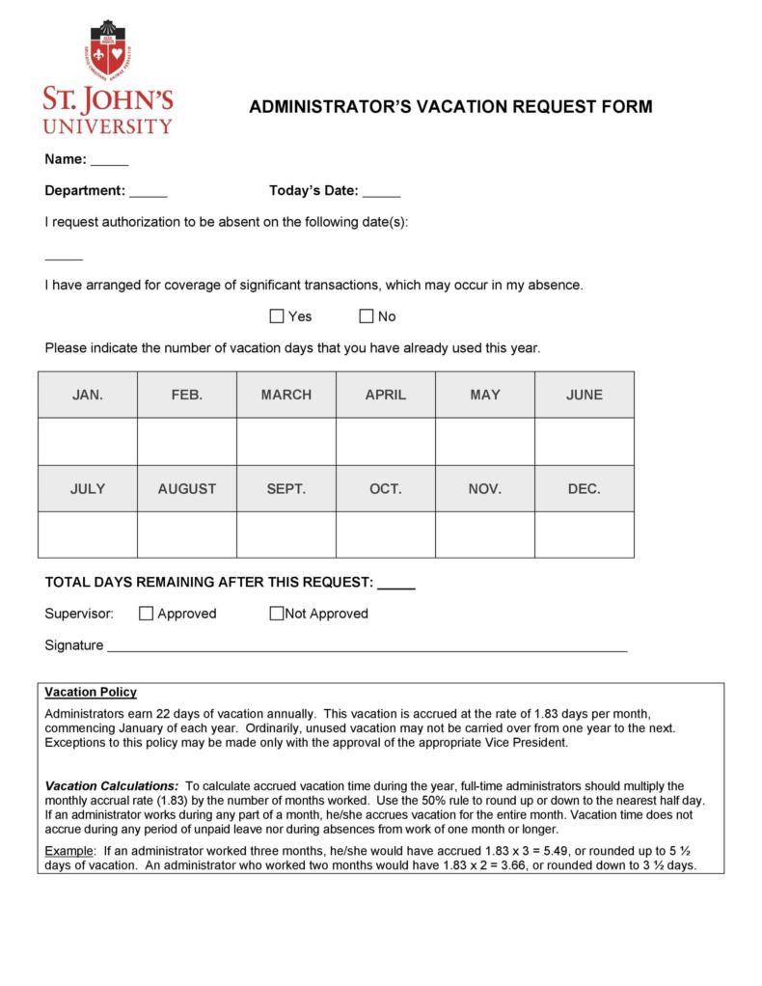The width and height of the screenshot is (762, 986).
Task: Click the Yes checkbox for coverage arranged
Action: point(277,316)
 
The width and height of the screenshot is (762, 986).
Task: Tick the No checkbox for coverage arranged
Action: point(367,316)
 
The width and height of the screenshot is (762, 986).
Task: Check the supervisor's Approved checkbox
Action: point(147,614)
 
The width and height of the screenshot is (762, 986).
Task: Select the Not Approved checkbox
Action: point(277,614)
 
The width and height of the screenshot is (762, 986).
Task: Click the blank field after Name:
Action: point(110,161)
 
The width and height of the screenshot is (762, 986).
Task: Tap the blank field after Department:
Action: point(149,192)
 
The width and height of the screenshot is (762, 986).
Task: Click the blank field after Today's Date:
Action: point(382,192)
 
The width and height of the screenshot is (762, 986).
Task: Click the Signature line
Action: point(367,647)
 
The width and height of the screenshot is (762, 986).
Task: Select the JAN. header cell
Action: point(88,395)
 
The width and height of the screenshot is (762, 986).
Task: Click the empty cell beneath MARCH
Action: point(286,442)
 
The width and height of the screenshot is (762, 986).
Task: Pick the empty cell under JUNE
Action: point(585,442)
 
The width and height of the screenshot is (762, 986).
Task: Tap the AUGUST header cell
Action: point(187,489)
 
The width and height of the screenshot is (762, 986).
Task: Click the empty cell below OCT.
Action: point(386,534)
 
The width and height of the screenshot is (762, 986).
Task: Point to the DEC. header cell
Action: point(585,489)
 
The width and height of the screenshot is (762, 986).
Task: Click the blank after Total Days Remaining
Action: point(396,584)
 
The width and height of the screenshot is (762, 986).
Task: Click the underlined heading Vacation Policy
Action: point(91,693)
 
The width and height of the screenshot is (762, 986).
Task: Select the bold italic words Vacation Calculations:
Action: point(112,786)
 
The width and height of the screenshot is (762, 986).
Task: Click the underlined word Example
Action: point(70,851)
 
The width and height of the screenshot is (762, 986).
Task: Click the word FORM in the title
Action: point(626,107)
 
